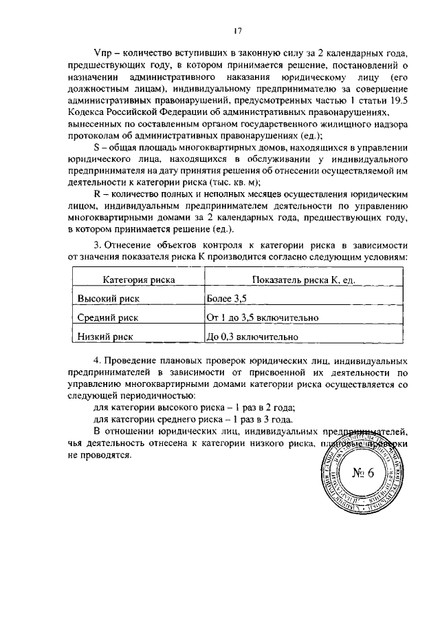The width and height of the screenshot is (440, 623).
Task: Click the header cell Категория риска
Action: click(139, 280)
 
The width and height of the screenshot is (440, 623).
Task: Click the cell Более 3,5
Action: click(226, 298)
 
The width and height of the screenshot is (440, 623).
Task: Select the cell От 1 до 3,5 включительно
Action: click(261, 318)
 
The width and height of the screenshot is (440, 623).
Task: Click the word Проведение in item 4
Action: click(132, 361)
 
